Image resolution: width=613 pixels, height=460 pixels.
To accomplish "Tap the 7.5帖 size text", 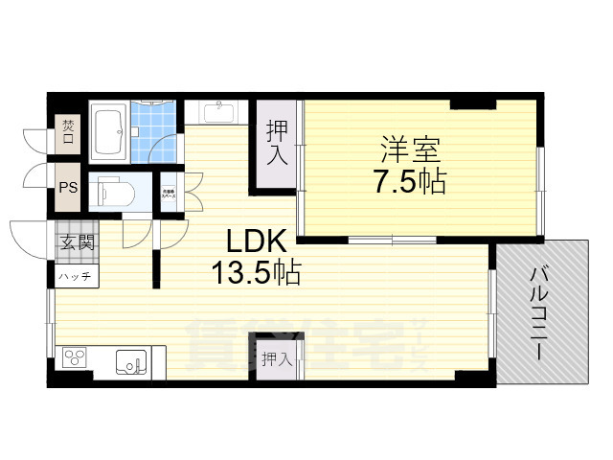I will (x=409, y=181).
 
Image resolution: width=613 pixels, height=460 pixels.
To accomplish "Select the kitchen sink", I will (x=131, y=362).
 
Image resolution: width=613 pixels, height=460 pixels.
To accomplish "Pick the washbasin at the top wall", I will (x=219, y=112).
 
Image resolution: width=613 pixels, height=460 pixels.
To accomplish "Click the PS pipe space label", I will (x=68, y=188).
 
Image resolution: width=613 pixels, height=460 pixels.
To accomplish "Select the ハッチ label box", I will (x=75, y=276).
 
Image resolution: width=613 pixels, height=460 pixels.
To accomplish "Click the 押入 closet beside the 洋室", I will (x=276, y=144).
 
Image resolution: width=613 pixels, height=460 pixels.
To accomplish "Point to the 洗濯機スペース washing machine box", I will (x=170, y=194).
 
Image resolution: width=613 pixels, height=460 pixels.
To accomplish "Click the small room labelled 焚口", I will (x=68, y=131).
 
